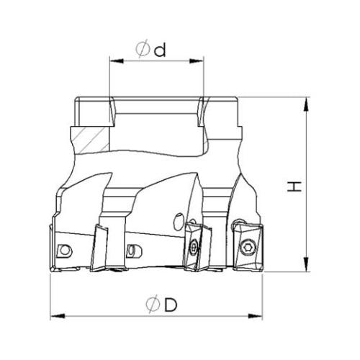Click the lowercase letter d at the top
160,50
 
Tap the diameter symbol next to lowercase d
143,50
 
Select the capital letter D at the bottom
171,305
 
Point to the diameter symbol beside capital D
153,305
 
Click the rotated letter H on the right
294,186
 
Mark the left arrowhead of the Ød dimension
117,61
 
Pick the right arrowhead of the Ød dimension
197,61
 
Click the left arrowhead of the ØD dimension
58,316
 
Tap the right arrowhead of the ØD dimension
255,316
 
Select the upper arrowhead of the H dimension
306,104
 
